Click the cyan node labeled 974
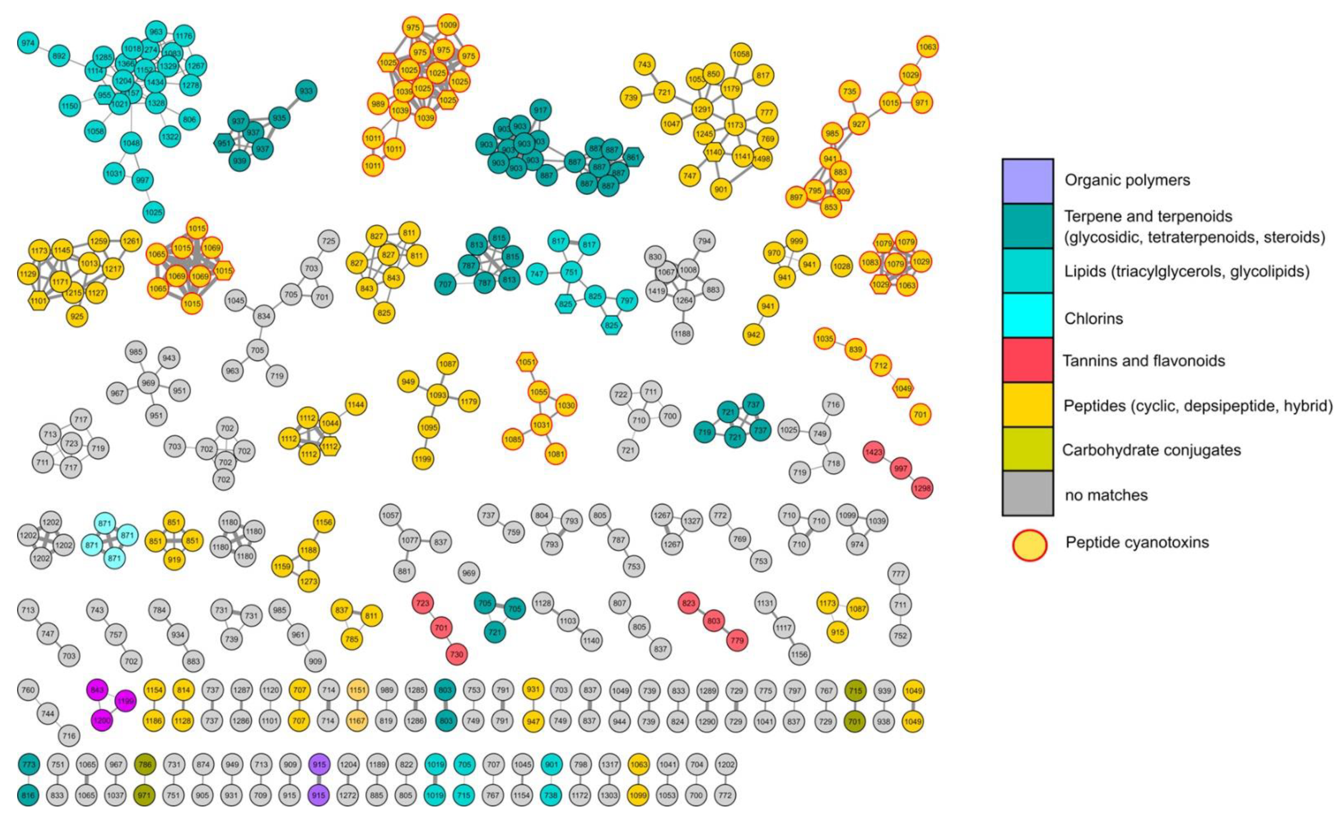pos(27,43)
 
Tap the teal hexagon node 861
pos(633,157)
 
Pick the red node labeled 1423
pos(873,452)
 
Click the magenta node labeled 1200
pos(102,720)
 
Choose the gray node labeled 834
pos(263,316)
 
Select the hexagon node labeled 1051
pos(527,362)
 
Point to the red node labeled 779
pos(737,641)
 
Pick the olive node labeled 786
pos(145,765)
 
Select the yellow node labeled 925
pos(77,316)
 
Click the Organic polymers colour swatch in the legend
pos(1028,180)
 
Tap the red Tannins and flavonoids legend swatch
pos(1028,360)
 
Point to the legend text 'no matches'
pos(1106,495)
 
